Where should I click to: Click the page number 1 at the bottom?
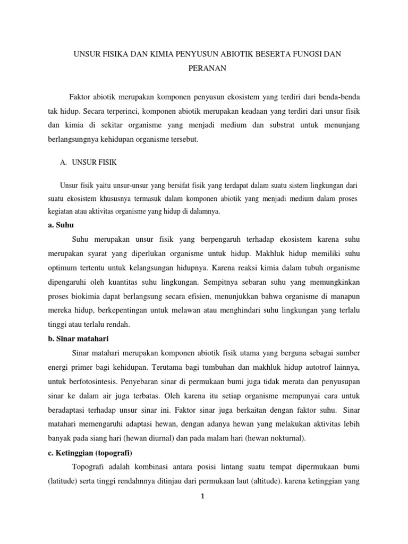coord(204,498)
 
